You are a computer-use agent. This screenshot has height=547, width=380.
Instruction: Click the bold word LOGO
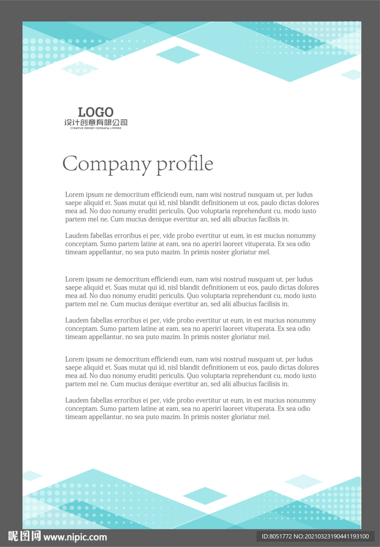coord(96,112)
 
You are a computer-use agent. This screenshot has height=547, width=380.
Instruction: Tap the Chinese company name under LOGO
coord(96,123)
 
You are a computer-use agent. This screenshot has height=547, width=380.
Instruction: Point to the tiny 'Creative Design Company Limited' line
coord(96,128)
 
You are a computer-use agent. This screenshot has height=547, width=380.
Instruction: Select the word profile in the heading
coord(185,164)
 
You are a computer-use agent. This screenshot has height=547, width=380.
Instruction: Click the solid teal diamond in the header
coord(178,54)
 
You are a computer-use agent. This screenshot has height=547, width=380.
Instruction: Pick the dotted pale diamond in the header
coord(80,68)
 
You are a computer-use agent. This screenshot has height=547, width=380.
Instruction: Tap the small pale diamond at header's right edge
coord(351,74)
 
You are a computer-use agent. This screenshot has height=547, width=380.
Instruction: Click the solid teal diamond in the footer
coord(205,496)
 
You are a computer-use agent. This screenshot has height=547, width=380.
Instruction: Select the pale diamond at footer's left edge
coord(32,475)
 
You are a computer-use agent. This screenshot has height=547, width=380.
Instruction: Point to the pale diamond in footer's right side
coord(303,481)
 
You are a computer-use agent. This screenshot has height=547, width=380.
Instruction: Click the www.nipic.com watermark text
coord(75,537)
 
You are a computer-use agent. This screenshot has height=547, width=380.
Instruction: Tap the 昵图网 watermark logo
coord(24,536)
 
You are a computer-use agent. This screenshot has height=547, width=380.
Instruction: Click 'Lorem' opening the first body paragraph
coord(75,195)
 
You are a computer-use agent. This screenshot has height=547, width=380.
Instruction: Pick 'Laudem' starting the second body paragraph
coord(77,236)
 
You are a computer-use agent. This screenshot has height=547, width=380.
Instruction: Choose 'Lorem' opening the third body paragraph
coord(75,279)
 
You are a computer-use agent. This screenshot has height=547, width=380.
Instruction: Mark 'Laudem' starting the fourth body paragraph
coord(77,321)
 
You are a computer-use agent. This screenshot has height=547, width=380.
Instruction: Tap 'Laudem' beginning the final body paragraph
coord(77,401)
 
